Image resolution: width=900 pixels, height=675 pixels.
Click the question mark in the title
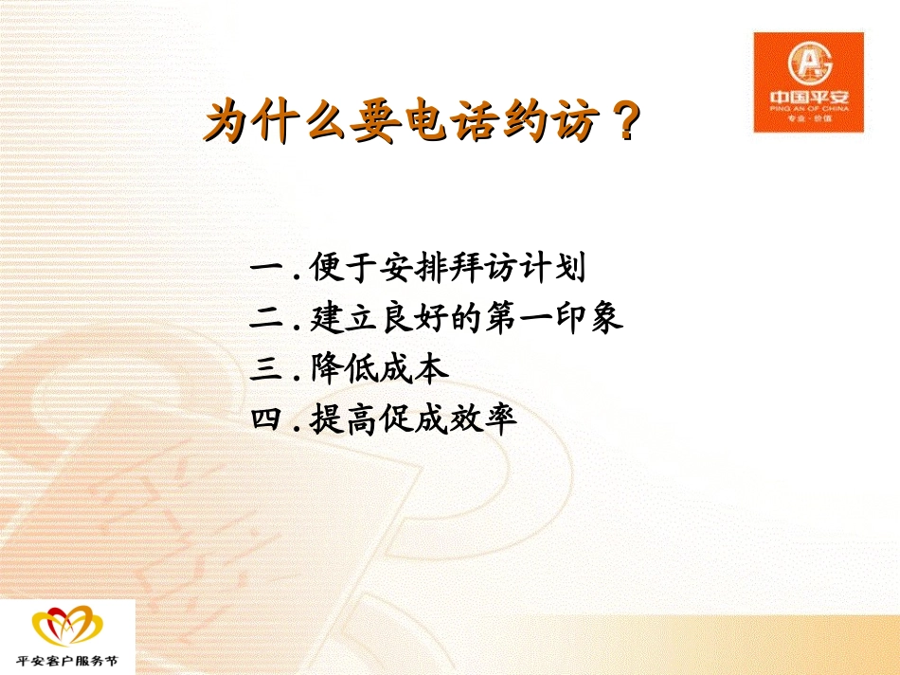[x=623, y=120]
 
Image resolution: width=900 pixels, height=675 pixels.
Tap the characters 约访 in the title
[x=551, y=120]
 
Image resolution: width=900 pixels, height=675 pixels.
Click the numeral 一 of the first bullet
[x=267, y=267]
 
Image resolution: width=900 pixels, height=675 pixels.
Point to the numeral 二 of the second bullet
[x=267, y=317]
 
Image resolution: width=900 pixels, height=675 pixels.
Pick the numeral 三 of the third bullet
[x=267, y=368]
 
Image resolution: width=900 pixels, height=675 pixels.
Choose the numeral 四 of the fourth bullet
[x=267, y=418]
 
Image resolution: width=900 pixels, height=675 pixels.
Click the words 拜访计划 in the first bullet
[x=516, y=267]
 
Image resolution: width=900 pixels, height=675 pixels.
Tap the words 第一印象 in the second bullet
[x=554, y=317]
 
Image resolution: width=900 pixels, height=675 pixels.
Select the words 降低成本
[x=379, y=368]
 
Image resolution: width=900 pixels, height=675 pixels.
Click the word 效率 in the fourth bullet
[x=483, y=418]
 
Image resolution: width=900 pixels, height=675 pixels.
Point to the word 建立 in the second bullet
[x=344, y=317]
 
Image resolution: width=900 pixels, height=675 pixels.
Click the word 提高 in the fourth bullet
[x=344, y=418]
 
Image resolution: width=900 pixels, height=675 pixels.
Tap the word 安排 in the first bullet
[x=413, y=267]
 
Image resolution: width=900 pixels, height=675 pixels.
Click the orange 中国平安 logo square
[x=809, y=82]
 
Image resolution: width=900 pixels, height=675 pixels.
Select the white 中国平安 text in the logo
[x=809, y=98]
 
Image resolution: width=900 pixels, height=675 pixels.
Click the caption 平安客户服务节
[x=67, y=661]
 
